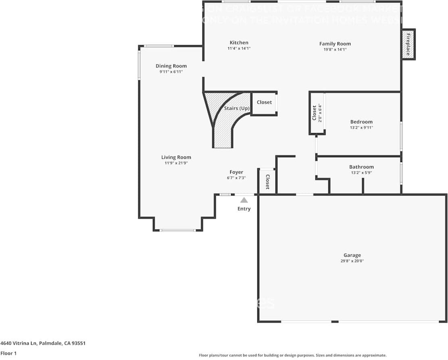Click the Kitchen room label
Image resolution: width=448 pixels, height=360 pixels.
pos(239,43)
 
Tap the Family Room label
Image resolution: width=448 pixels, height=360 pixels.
pos(335,44)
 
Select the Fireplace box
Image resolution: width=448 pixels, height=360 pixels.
pos(408,44)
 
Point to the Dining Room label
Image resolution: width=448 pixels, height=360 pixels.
pos(171,66)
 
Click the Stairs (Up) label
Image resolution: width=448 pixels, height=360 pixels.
pos(237,108)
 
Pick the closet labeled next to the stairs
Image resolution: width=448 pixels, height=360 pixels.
pos(264,102)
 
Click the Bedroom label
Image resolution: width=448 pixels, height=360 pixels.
pos(361,122)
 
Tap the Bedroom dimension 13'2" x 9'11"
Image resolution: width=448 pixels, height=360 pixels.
pos(361,128)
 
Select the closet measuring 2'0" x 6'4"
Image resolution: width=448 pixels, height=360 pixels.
pos(317,113)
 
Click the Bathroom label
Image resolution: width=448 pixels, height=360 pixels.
pos(361,167)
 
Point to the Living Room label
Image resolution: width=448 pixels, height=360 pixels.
pos(176,158)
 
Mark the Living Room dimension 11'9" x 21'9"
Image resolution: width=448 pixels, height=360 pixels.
pos(176,163)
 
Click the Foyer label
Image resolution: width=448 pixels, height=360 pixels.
pos(236,172)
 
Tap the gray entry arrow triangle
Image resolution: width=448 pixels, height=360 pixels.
pos(244,200)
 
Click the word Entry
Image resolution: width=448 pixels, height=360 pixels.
pos(244,209)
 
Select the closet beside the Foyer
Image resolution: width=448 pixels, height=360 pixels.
pos(267,182)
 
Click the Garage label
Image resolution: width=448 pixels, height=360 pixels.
pos(352,255)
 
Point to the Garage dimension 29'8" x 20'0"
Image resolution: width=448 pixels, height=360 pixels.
pos(352,261)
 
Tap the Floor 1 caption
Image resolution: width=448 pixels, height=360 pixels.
pos(8,354)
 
